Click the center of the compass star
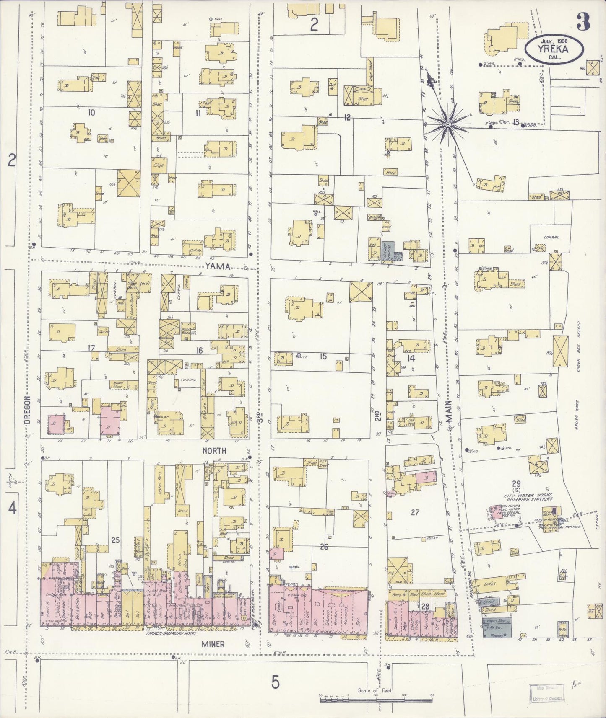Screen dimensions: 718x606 [448, 124]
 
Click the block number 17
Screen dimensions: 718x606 [90, 347]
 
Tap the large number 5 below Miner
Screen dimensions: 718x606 [275, 682]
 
